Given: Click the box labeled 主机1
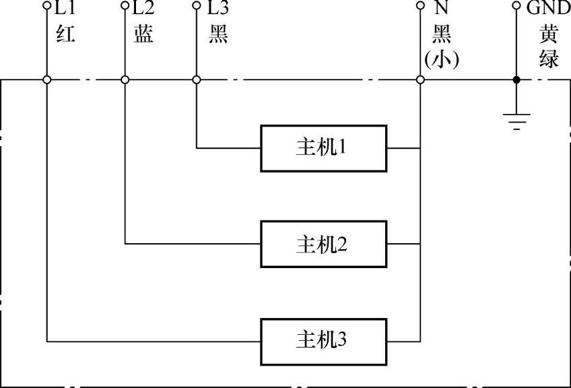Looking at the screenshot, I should pos(324,148).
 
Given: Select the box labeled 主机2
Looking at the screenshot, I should pos(324,244).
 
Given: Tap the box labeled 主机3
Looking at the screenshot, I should pos(324,341).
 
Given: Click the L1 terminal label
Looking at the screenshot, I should pos(65,9).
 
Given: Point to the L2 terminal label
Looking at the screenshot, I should pos(143,9).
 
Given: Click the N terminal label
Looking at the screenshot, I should pos(442,9).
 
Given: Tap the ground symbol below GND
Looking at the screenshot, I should pos(516,121).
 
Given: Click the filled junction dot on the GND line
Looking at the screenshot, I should pos(516,79).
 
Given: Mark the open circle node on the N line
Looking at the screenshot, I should pos(420,79).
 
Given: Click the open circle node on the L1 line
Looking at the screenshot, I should pos(47,79).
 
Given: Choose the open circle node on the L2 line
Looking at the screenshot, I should pos(125,79).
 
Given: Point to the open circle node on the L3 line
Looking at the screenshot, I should pos(197,79).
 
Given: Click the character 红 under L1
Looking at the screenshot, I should pos(65,34).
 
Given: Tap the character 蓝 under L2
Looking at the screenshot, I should pos(143,34).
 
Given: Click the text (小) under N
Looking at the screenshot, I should pos(442,60).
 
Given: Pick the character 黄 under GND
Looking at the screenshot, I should pos(548,34).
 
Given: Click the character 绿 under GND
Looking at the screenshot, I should pos(548,59).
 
